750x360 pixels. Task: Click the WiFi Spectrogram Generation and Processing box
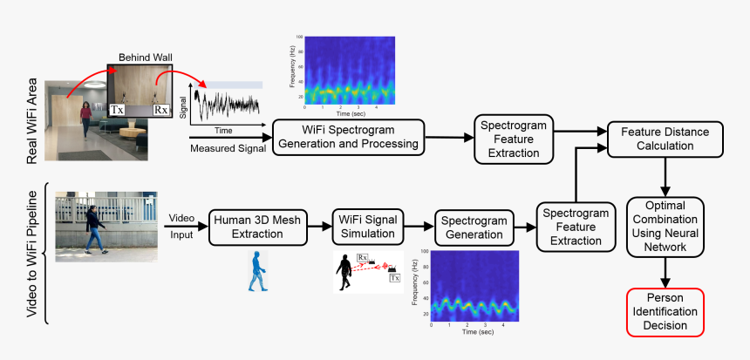coord(349,137)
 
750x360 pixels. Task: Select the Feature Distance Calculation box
coord(665,138)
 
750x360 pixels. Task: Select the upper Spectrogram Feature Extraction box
coord(515,137)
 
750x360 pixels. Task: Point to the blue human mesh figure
coord(256,270)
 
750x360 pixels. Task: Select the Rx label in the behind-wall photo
coord(160,111)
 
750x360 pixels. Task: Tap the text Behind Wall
coord(146,58)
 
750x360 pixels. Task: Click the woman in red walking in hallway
coord(86,117)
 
